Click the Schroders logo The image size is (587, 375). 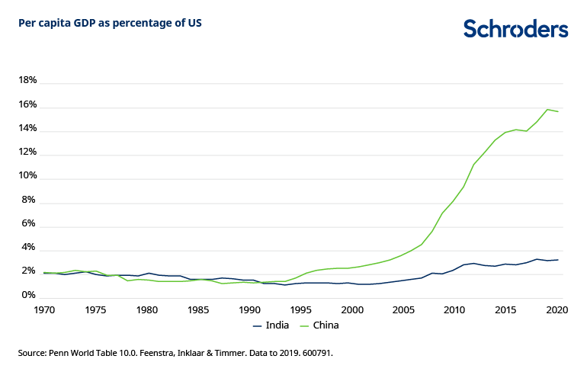(x=515, y=29)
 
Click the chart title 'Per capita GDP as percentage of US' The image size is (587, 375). (x=110, y=23)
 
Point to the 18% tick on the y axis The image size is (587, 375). (x=27, y=81)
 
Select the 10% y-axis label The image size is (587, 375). (x=27, y=176)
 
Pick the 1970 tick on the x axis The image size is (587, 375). (x=44, y=310)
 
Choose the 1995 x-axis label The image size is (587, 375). (x=300, y=310)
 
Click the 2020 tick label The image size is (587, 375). (x=557, y=310)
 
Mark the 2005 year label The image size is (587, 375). (x=403, y=310)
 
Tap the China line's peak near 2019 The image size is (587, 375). (x=547, y=109)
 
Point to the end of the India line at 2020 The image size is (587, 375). (x=557, y=260)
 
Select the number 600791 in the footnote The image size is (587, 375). (x=316, y=354)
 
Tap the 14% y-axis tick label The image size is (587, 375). (x=27, y=129)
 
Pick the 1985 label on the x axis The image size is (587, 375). (x=198, y=310)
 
